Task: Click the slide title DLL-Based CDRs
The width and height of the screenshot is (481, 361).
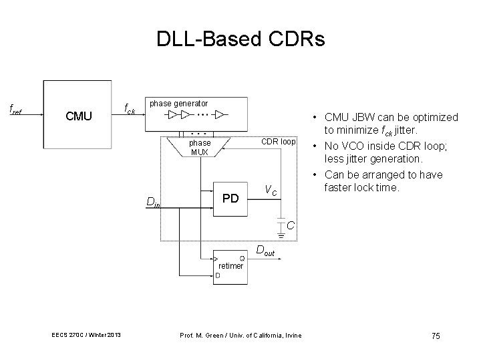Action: [x=240, y=39]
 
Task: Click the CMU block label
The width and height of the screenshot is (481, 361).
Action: [x=79, y=116]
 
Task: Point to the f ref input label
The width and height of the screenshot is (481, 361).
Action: [x=15, y=108]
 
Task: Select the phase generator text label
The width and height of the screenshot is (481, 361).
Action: [x=178, y=104]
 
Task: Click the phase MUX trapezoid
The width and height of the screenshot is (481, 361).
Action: [x=200, y=147]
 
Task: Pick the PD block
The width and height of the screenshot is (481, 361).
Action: [x=230, y=198]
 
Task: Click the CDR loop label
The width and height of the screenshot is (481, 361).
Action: [x=278, y=142]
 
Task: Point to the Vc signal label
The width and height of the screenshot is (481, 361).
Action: [x=271, y=190]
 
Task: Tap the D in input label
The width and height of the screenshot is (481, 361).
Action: [x=153, y=203]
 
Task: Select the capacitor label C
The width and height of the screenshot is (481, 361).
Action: [x=291, y=227]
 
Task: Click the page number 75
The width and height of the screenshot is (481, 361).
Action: [x=436, y=335]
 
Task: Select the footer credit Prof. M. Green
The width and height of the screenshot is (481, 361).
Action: [x=240, y=334]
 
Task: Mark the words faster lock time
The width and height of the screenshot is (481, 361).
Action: [x=360, y=188]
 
